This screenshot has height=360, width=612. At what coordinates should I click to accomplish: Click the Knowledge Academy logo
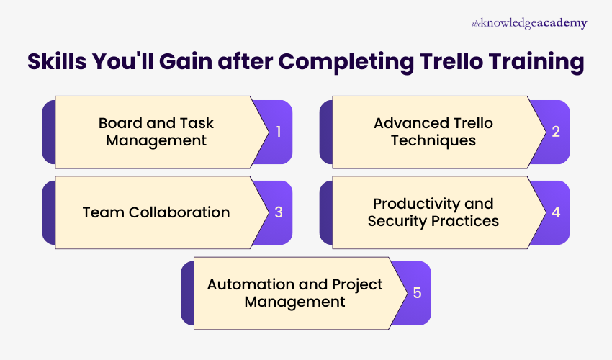529,24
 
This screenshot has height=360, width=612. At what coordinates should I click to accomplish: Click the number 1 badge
278,132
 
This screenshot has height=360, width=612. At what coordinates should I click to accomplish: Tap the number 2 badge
555,132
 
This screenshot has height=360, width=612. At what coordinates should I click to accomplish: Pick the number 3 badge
278,212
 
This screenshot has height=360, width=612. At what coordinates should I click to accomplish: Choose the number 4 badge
555,212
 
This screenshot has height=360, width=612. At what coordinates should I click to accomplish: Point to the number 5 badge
417,293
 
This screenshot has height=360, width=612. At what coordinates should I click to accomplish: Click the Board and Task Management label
156,132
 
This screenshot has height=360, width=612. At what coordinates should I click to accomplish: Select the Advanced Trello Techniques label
433,132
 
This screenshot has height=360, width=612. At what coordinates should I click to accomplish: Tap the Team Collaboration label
156,212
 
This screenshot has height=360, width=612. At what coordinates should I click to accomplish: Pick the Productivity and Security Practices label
433,212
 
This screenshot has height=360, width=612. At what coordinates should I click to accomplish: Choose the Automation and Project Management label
294,293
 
